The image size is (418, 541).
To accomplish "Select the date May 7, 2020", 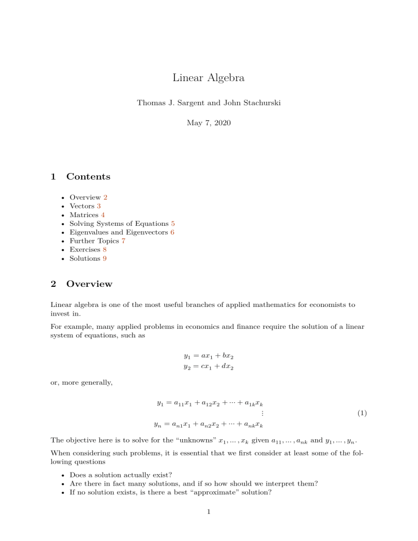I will point(209,123).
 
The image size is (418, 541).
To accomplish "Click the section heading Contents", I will point(88,176).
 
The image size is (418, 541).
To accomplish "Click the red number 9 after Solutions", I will point(104,259).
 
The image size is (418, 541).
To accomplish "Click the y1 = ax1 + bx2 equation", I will point(210,357).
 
